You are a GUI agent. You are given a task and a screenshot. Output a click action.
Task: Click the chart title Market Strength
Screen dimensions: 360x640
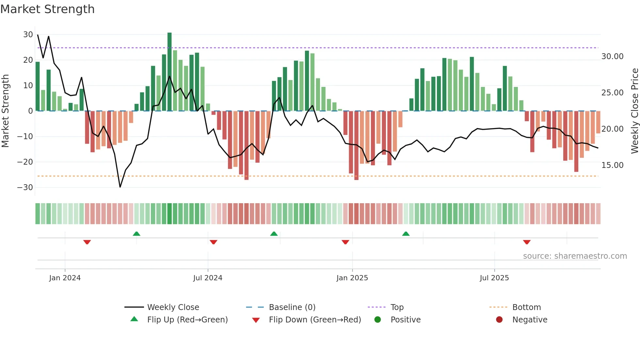[x=47, y=9]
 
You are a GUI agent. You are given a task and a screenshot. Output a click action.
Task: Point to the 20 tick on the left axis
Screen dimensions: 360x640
[x=28, y=60]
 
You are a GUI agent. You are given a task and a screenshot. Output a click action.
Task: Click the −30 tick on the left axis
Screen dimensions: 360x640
[x=25, y=188]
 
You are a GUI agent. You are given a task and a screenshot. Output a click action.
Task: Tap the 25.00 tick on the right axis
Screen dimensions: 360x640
[x=612, y=93]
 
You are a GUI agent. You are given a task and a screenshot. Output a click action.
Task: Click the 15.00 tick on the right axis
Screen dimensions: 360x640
[x=612, y=165]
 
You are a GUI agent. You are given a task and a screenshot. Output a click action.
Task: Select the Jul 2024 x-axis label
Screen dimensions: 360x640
[x=208, y=278]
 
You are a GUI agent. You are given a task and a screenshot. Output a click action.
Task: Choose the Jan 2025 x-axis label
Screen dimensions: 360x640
[x=352, y=278]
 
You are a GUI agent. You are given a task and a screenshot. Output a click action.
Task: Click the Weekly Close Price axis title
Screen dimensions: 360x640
[x=634, y=111]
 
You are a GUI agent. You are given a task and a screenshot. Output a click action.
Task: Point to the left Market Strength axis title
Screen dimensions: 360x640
[x=6, y=111]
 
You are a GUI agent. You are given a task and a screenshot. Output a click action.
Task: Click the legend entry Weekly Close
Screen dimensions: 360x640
[x=173, y=307]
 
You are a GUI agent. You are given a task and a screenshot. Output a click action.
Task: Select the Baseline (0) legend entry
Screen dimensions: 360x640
[x=292, y=307]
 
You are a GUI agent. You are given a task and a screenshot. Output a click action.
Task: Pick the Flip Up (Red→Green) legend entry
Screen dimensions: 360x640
[x=187, y=320]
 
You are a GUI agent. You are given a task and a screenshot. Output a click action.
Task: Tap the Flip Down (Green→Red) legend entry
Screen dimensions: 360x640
[x=314, y=320]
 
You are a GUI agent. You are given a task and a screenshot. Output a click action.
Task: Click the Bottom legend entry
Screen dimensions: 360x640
[x=526, y=307]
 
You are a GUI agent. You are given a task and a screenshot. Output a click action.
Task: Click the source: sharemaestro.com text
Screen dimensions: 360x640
[x=575, y=256]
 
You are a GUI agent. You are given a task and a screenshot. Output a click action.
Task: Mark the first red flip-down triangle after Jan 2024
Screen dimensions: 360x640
[x=87, y=242]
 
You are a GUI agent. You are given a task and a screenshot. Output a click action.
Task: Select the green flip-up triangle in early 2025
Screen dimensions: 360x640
[x=406, y=234]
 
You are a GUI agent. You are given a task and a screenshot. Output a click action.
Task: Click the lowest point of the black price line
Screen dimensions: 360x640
[x=120, y=187]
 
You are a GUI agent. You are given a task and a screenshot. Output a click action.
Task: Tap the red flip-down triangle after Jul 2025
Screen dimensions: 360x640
[x=527, y=242]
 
